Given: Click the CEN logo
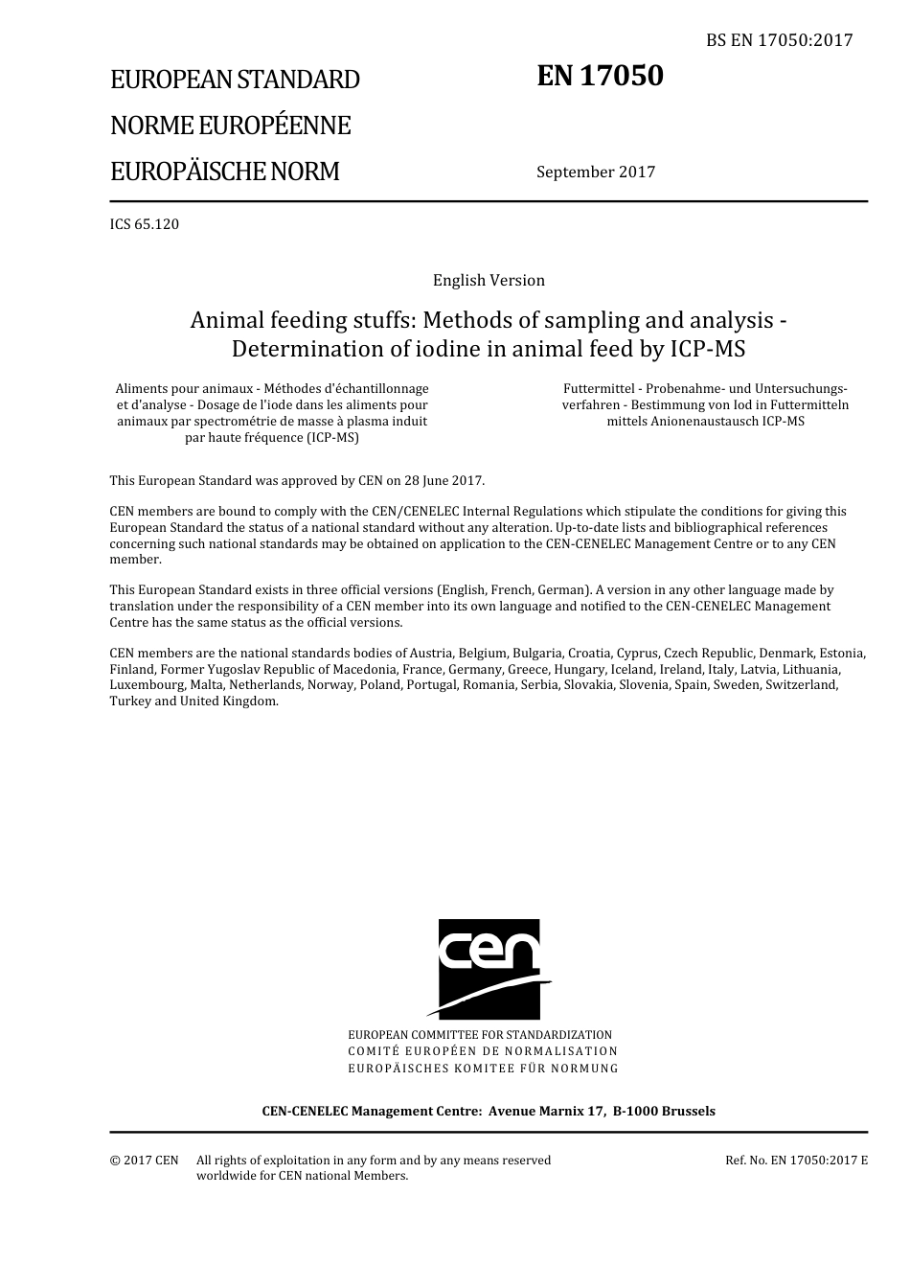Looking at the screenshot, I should click(x=489, y=969).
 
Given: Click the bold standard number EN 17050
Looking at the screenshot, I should click(x=600, y=76).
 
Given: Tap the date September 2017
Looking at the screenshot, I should click(x=596, y=172).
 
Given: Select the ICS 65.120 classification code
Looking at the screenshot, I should click(x=145, y=224).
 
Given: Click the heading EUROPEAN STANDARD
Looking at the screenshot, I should click(x=235, y=80).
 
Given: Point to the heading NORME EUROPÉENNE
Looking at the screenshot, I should click(x=230, y=126).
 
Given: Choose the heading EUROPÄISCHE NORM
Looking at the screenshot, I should click(x=224, y=172).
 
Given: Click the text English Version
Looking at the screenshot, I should click(x=489, y=281).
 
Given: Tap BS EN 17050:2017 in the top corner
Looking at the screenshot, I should click(x=779, y=40).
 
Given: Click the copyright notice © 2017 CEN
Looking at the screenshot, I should click(x=144, y=1161).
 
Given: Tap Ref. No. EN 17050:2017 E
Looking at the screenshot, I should click(x=796, y=1161).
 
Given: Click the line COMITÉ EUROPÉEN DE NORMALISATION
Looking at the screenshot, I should click(x=483, y=1051).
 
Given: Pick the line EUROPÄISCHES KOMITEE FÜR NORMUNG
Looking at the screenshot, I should click(x=483, y=1068).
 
